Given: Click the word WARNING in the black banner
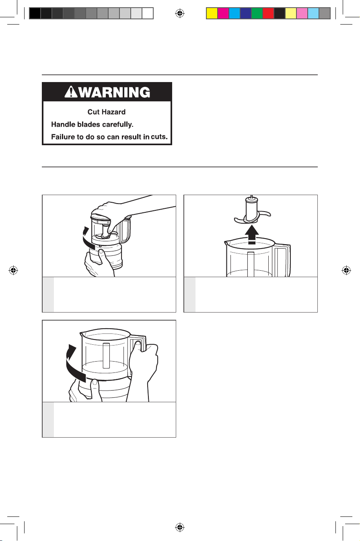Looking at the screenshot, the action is tap(115, 92).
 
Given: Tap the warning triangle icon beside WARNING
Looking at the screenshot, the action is tap(71, 92).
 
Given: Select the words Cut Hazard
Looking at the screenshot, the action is tap(107, 112).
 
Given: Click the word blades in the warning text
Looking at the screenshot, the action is tap(88, 124).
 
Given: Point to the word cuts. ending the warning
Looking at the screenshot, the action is tap(159, 137).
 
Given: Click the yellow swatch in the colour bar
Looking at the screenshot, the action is tap(212, 13).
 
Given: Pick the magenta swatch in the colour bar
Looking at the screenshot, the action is tap(223, 13).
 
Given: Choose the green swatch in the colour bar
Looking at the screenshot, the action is tap(257, 13).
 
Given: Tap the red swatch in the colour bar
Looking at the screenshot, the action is tap(268, 13).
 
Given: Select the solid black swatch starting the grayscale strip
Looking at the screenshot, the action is tap(35, 13).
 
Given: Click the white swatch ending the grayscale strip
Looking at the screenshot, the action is tap(148, 13).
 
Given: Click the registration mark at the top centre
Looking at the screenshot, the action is tap(180, 13).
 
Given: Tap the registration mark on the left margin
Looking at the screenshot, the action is tap(13, 270).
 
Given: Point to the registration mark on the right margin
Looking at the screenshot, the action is tap(346, 270).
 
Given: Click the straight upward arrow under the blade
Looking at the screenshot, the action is tap(251, 234).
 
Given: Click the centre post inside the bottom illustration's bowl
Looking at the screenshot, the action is tap(106, 356).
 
